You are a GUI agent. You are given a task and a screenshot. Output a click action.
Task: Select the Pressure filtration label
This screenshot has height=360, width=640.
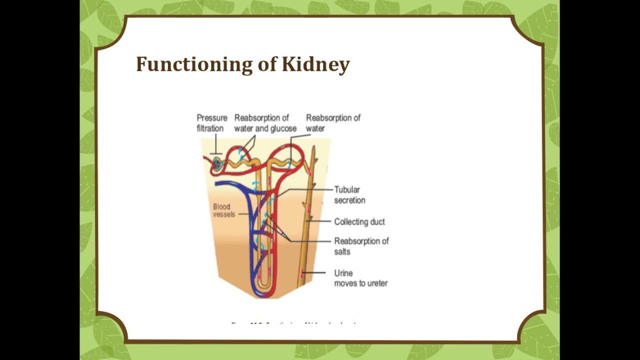pos(211,123)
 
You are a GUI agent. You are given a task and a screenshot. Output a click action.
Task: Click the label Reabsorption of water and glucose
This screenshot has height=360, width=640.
pos(265,123)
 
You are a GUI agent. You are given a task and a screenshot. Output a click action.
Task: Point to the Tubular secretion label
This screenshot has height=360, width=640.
pos(349,195)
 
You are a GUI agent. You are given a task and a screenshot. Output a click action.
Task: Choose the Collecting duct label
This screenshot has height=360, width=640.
pos(359,222)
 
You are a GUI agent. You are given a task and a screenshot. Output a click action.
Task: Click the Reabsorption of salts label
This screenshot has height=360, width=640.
pos(361,246)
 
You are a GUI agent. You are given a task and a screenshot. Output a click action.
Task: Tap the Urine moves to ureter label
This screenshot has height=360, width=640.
pos(360,278)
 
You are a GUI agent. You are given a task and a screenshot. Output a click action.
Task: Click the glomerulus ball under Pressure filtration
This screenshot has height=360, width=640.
pos(217,163)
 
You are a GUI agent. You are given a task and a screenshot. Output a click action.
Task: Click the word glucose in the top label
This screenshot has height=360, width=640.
pos(283,128)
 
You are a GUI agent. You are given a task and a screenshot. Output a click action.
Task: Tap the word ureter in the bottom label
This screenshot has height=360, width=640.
pos(376,283)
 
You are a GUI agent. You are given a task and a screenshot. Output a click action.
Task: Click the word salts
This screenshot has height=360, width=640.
pos(342,252)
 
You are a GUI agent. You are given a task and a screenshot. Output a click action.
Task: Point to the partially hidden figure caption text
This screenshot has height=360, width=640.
pos(293,323)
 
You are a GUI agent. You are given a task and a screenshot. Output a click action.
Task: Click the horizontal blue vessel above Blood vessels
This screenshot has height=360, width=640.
pos(232,183)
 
